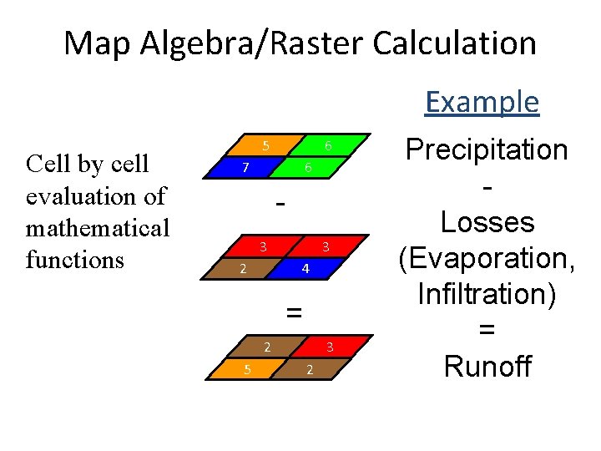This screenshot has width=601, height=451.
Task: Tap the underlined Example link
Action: (482, 102)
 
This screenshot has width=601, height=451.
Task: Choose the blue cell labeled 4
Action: (306, 269)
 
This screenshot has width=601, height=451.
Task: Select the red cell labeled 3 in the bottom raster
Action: (330, 347)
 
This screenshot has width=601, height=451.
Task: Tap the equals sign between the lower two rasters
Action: (293, 312)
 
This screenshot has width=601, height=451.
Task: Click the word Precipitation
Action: (487, 150)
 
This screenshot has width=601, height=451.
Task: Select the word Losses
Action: (487, 222)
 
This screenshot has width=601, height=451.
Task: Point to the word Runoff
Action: (487, 366)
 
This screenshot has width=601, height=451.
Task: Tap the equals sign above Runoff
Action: (487, 330)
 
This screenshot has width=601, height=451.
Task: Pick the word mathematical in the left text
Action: (98, 227)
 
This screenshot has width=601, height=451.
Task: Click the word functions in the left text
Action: (74, 259)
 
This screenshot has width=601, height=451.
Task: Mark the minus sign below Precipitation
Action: (487, 188)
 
